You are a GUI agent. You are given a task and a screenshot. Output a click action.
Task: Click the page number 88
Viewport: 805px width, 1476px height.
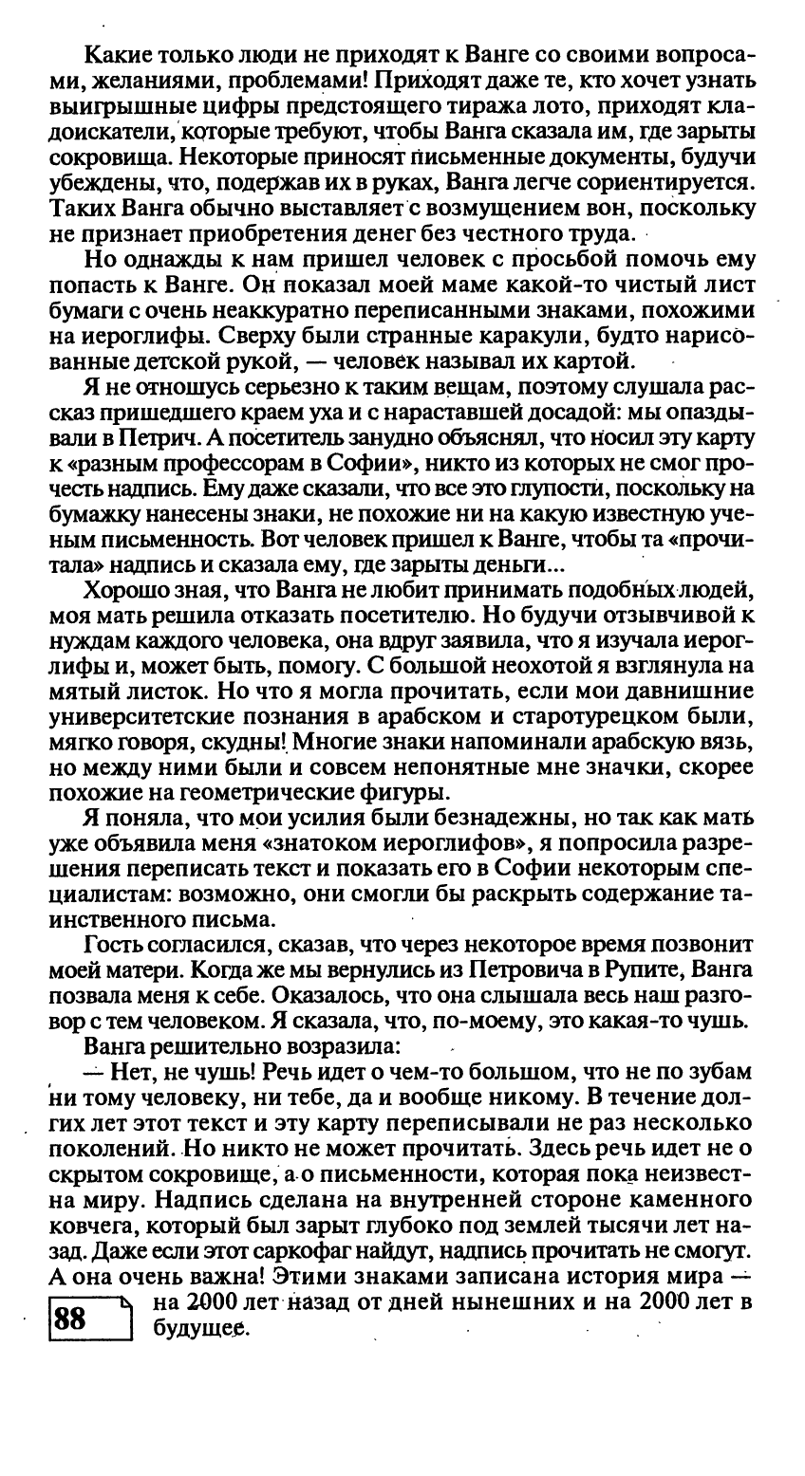click(71, 1318)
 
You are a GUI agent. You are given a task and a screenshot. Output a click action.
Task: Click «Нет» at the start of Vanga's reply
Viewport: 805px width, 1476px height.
click(126, 1072)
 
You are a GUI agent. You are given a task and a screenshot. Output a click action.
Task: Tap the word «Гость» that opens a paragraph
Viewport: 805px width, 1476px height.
click(113, 946)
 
